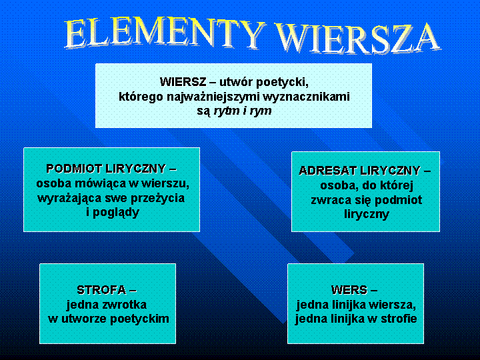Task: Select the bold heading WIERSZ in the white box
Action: click(183, 82)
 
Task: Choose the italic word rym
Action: click(261, 111)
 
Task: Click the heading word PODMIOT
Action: click(75, 169)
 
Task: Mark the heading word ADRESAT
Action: click(326, 171)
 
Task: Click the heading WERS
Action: click(349, 290)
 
